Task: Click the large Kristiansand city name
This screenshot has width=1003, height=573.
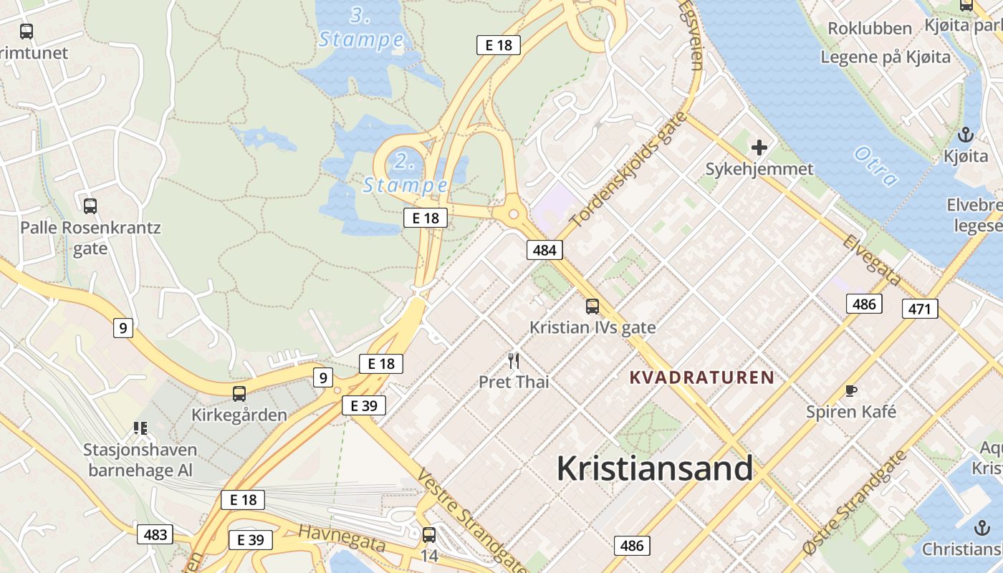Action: [655, 469]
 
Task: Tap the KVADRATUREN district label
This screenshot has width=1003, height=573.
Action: [701, 377]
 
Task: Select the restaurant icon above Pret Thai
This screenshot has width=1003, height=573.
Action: [514, 360]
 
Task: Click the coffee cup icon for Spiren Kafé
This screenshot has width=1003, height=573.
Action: [850, 391]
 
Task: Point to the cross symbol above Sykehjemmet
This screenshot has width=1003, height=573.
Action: [759, 148]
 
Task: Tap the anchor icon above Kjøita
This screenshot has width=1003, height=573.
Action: [966, 135]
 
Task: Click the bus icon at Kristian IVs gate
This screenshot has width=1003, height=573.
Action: [592, 307]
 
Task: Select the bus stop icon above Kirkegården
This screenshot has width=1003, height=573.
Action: [239, 394]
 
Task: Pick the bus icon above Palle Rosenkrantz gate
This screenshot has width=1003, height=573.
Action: [90, 206]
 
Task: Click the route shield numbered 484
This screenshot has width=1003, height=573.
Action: [544, 250]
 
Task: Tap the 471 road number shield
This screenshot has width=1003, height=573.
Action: [919, 309]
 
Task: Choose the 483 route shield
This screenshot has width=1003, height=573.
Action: [155, 534]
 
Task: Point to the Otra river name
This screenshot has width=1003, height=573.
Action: [875, 166]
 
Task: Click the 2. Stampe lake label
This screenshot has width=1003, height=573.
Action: [405, 173]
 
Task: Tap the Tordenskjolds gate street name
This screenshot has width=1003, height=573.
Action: [628, 170]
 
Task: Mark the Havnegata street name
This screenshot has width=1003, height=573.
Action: [342, 538]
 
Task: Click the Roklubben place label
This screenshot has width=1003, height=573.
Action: [870, 29]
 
